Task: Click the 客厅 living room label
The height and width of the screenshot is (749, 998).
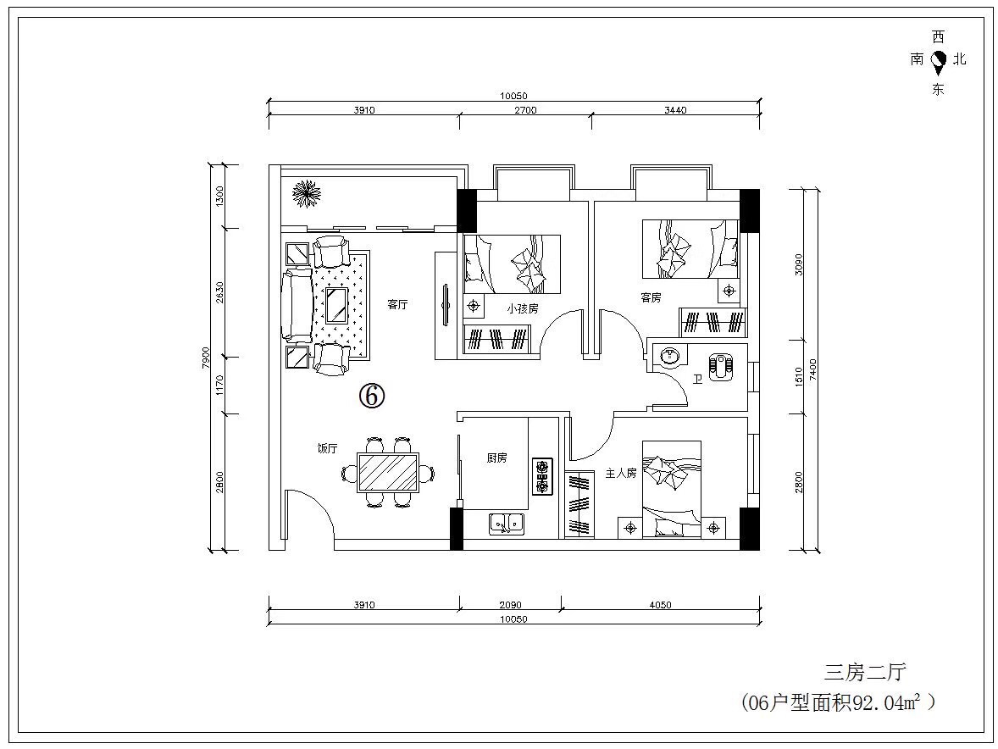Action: [397, 304]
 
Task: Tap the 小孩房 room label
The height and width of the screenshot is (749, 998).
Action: [523, 308]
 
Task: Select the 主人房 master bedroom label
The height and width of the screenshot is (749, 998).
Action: [620, 474]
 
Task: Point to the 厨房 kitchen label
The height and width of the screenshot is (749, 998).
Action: [496, 458]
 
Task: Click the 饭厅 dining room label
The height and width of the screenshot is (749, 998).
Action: [327, 448]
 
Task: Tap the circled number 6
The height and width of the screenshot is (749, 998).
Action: [372, 396]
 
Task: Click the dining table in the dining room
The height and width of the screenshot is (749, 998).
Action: [388, 472]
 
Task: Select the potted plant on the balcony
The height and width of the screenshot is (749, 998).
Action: [306, 193]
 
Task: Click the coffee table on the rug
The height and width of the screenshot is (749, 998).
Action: [336, 305]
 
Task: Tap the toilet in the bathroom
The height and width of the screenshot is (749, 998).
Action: [721, 366]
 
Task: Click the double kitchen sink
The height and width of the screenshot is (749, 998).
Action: [507, 523]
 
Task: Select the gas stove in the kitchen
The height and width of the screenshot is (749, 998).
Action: [543, 477]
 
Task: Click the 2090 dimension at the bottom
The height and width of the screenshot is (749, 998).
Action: [511, 605]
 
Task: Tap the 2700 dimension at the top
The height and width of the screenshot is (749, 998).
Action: [525, 110]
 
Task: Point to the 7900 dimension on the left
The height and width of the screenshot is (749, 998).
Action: [205, 358]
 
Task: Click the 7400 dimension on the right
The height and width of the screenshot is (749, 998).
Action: [812, 369]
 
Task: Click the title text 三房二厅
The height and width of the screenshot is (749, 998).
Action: [865, 671]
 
